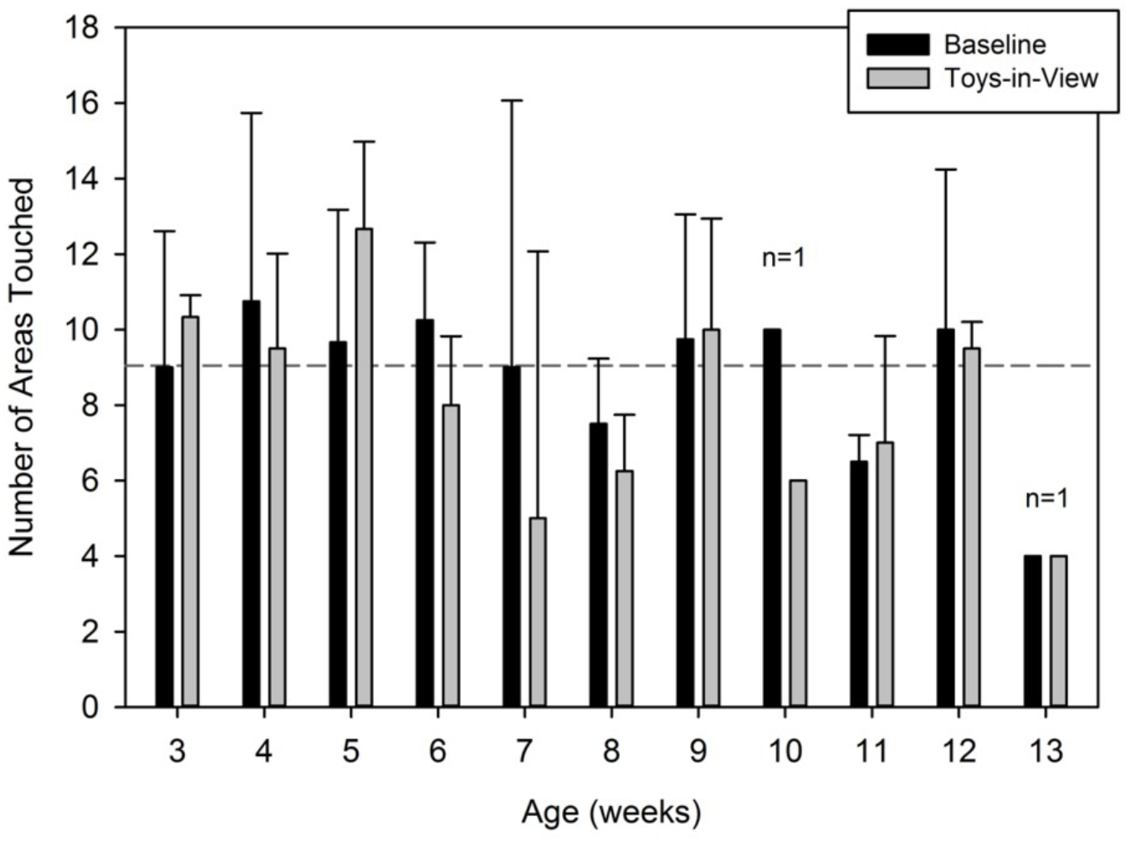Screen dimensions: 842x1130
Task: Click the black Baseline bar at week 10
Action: click(772, 518)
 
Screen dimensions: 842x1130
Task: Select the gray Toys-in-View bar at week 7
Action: click(538, 612)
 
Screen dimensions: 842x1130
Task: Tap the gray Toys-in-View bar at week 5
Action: click(364, 468)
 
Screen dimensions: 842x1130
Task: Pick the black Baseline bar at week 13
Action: click(1033, 631)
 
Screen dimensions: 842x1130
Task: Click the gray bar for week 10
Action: click(798, 594)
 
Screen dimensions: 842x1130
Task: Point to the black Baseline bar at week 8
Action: click(598, 565)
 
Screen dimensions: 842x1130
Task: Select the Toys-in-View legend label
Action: click(1020, 78)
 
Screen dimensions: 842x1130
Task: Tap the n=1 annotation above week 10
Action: click(783, 258)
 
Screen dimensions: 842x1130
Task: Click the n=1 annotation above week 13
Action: click(1046, 499)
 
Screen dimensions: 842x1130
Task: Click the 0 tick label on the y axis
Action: click(90, 707)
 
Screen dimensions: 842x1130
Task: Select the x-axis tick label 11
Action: click(872, 750)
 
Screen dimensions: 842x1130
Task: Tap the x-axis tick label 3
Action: click(176, 750)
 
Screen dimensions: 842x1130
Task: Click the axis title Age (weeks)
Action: click(611, 812)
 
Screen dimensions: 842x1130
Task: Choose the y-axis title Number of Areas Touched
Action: click(22, 366)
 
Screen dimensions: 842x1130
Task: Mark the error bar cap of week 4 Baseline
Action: click(251, 113)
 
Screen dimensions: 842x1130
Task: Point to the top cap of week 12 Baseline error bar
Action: click(946, 170)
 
